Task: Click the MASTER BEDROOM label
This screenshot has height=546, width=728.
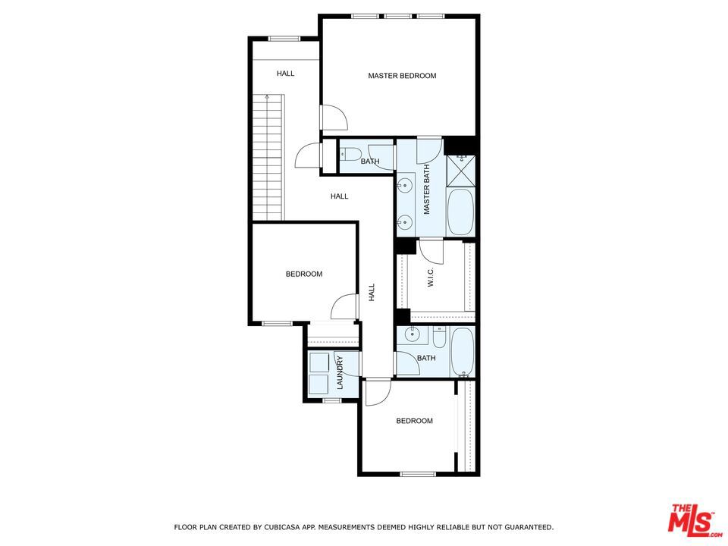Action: pyautogui.click(x=402, y=76)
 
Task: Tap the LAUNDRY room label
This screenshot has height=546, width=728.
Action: pyautogui.click(x=340, y=372)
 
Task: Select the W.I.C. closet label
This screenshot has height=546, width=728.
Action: pyautogui.click(x=431, y=277)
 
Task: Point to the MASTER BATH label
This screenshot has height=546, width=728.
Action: pyautogui.click(x=427, y=190)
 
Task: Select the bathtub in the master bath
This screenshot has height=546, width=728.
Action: pyautogui.click(x=460, y=212)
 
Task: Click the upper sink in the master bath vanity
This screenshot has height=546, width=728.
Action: pyautogui.click(x=405, y=185)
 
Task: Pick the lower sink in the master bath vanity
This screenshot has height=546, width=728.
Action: pyautogui.click(x=405, y=222)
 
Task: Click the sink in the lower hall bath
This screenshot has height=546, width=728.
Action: pyautogui.click(x=411, y=334)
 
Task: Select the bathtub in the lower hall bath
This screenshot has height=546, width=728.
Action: pyautogui.click(x=462, y=352)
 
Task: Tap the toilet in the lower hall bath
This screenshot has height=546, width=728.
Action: pyautogui.click(x=439, y=337)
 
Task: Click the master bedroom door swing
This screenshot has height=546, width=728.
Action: pyautogui.click(x=334, y=118)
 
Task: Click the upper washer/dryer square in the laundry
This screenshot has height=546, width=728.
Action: pyautogui.click(x=318, y=362)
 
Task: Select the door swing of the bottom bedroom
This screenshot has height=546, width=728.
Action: pyautogui.click(x=378, y=393)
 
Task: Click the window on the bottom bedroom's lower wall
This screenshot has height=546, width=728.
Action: pyautogui.click(x=418, y=474)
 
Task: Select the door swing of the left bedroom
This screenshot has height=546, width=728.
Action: pyautogui.click(x=344, y=307)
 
